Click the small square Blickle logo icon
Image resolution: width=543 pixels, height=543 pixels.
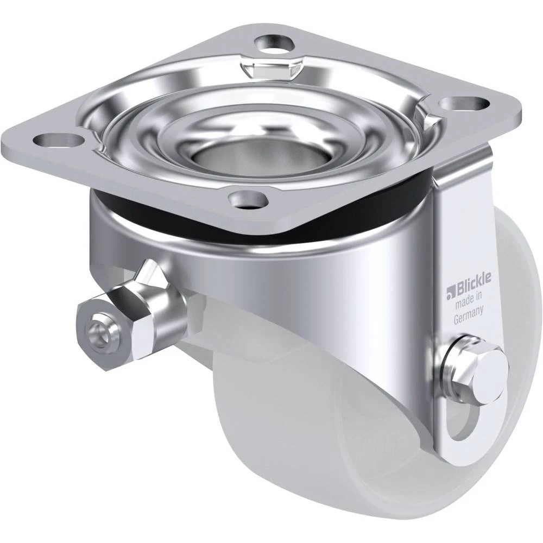click(x=450, y=293)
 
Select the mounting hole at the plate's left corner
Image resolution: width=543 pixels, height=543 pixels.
click(x=59, y=140)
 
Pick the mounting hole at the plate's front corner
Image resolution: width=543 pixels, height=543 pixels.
click(x=249, y=200)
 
